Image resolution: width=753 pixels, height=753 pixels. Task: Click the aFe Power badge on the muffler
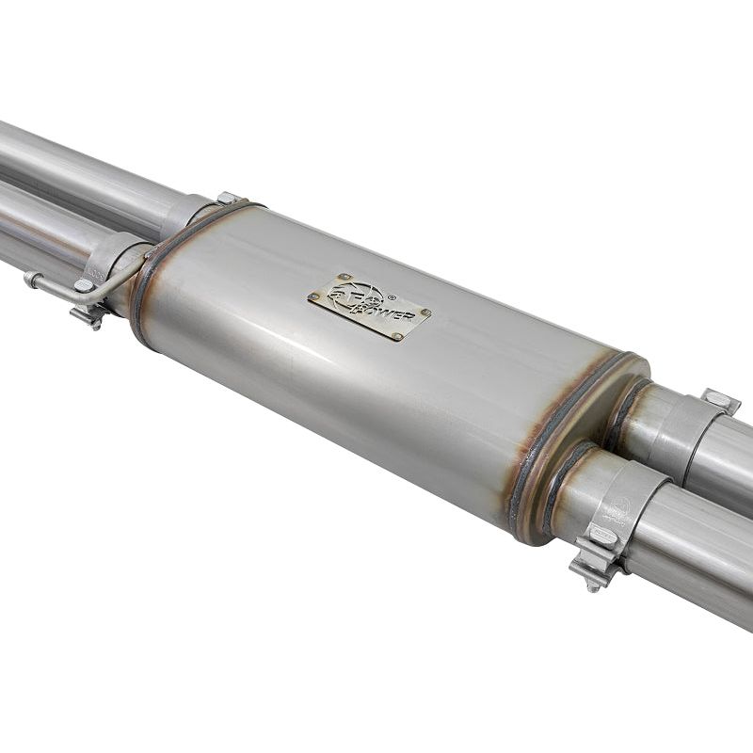tap(369, 307)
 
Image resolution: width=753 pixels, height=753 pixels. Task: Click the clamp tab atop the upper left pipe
tap(228, 198)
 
